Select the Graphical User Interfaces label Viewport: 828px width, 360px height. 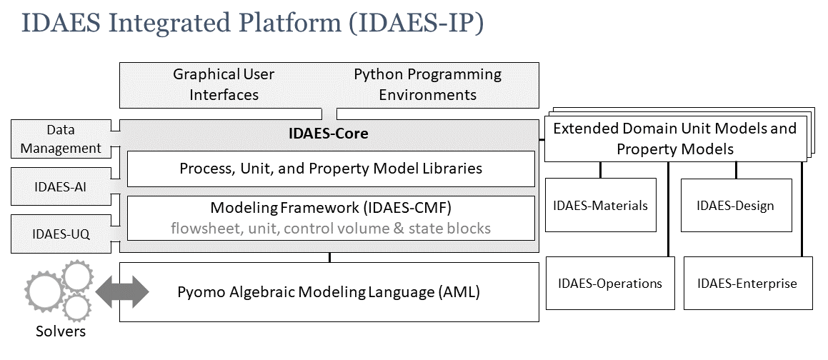(x=224, y=84)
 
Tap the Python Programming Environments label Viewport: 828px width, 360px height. (x=427, y=84)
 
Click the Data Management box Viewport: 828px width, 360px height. (x=61, y=139)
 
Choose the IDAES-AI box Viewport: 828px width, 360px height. (x=61, y=186)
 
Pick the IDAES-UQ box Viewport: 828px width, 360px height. (x=61, y=234)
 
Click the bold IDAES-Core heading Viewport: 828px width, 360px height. (x=328, y=134)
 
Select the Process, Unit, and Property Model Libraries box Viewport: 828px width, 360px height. (x=330, y=169)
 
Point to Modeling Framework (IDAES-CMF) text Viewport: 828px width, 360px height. (x=330, y=208)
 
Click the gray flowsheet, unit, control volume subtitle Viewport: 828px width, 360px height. (x=330, y=228)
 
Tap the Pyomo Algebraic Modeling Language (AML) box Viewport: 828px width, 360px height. (x=328, y=292)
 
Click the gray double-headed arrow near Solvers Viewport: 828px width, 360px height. (x=122, y=292)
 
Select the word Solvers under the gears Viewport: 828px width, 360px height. (x=61, y=332)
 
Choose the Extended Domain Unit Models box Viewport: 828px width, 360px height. (x=674, y=139)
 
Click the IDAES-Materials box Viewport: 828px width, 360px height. (x=600, y=206)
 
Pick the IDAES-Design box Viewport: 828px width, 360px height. (x=734, y=206)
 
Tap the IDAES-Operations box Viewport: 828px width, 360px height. (x=609, y=284)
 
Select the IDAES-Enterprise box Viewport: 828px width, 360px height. (x=747, y=284)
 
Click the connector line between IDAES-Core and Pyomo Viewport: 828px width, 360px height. (x=329, y=257)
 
